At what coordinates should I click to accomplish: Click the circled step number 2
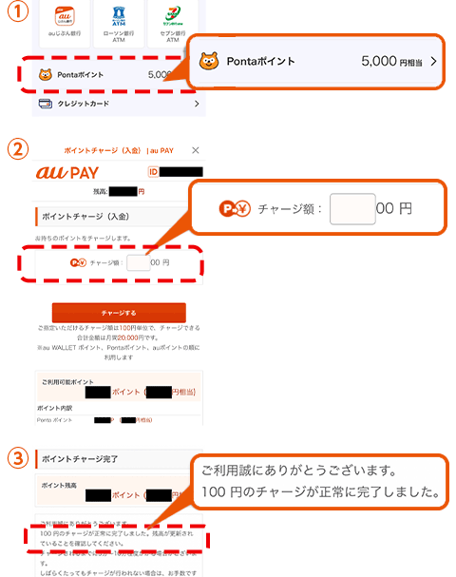tap(15, 150)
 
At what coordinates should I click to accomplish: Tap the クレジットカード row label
tap(83, 104)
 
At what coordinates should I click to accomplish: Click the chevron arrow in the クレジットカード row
tap(196, 104)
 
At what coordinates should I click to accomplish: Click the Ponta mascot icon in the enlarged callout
tap(208, 62)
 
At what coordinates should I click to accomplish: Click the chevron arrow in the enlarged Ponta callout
tap(433, 62)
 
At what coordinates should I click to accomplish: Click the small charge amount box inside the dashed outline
tap(138, 262)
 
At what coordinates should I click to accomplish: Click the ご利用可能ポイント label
tap(72, 380)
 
